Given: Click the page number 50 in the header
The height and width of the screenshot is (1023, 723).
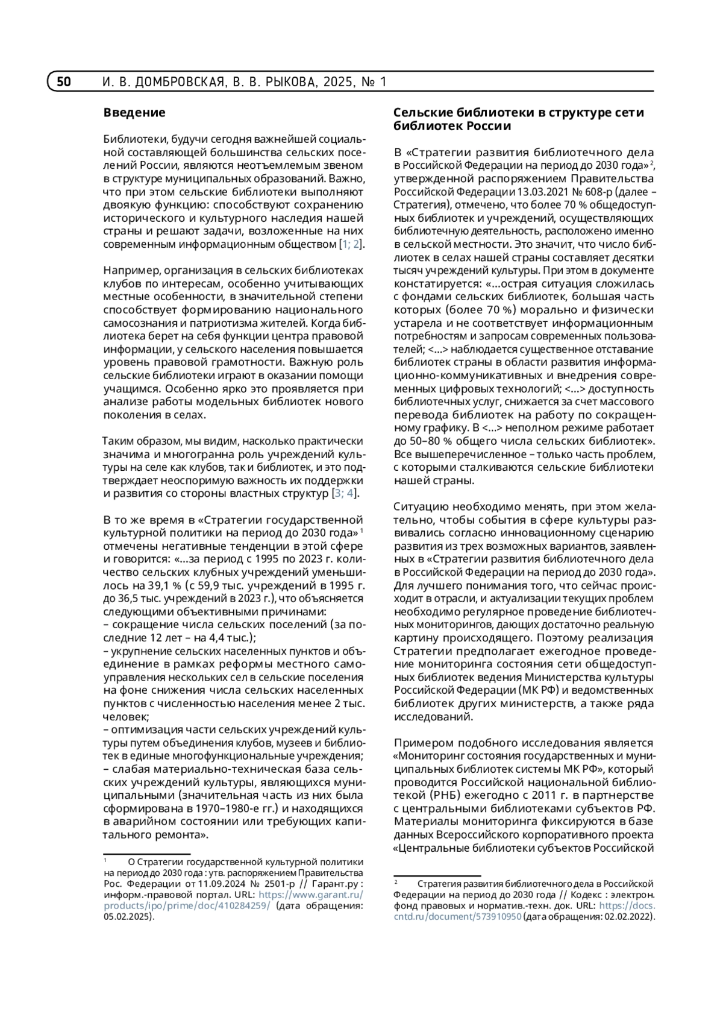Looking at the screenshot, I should click(x=64, y=82).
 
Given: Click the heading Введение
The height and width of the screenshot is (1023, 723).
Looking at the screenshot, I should click(x=134, y=113).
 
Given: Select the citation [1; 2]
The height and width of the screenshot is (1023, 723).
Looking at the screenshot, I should click(x=351, y=244).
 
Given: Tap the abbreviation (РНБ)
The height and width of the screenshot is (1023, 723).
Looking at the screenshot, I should click(x=443, y=795).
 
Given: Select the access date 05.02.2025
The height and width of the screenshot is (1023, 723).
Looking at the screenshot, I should click(x=127, y=916).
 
